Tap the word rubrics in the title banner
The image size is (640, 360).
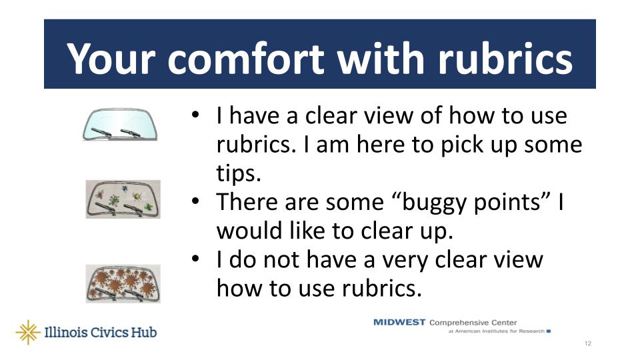(x=505, y=59)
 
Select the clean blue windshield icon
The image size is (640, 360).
(x=120, y=125)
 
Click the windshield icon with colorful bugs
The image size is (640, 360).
(x=123, y=199)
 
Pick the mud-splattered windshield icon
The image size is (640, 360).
(x=123, y=284)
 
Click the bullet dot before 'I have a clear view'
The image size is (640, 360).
(x=195, y=115)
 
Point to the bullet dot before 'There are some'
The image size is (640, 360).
(x=195, y=201)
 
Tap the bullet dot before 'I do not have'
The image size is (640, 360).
(x=195, y=259)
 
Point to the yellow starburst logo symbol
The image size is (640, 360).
(x=28, y=332)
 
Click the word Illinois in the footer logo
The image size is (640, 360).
(x=65, y=332)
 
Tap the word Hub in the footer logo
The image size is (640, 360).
(x=144, y=332)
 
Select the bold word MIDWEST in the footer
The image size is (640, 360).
(x=399, y=323)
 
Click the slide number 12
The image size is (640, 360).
(x=588, y=344)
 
